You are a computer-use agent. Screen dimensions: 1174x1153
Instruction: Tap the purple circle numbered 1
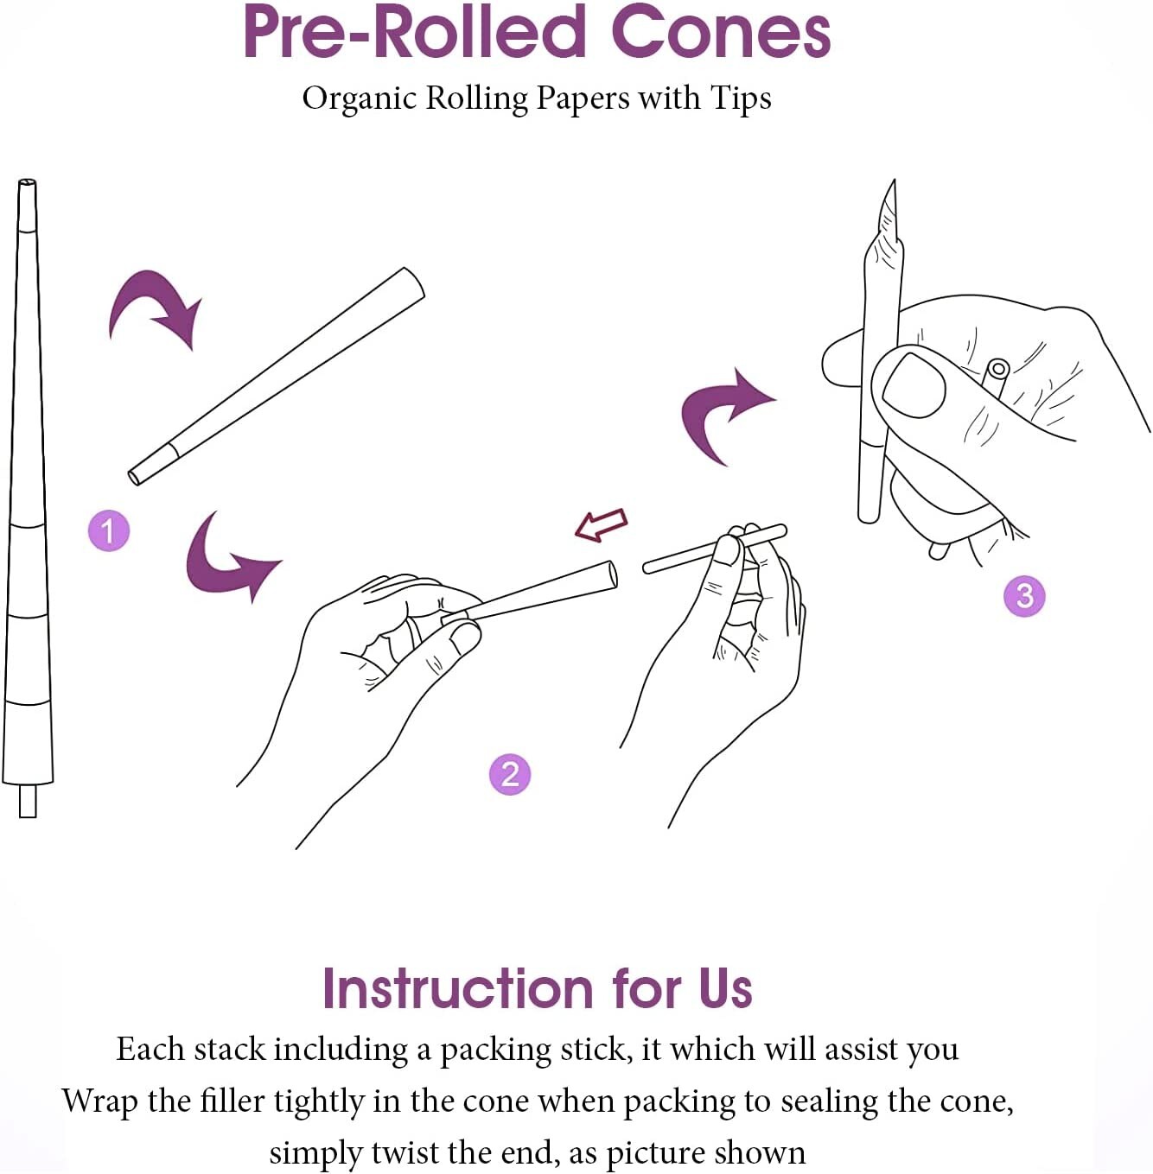click(x=109, y=530)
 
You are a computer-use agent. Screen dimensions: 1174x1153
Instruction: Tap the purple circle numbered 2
click(x=509, y=773)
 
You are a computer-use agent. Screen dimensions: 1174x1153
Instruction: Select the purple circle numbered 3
click(x=1024, y=596)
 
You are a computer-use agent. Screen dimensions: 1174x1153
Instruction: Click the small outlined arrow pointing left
click(x=602, y=524)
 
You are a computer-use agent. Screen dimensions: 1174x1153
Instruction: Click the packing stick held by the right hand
click(x=691, y=555)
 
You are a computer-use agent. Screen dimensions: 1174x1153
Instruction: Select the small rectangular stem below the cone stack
click(x=28, y=801)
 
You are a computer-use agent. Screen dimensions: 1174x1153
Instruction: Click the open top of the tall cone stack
click(x=27, y=184)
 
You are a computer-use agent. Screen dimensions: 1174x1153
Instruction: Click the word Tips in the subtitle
click(x=741, y=98)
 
